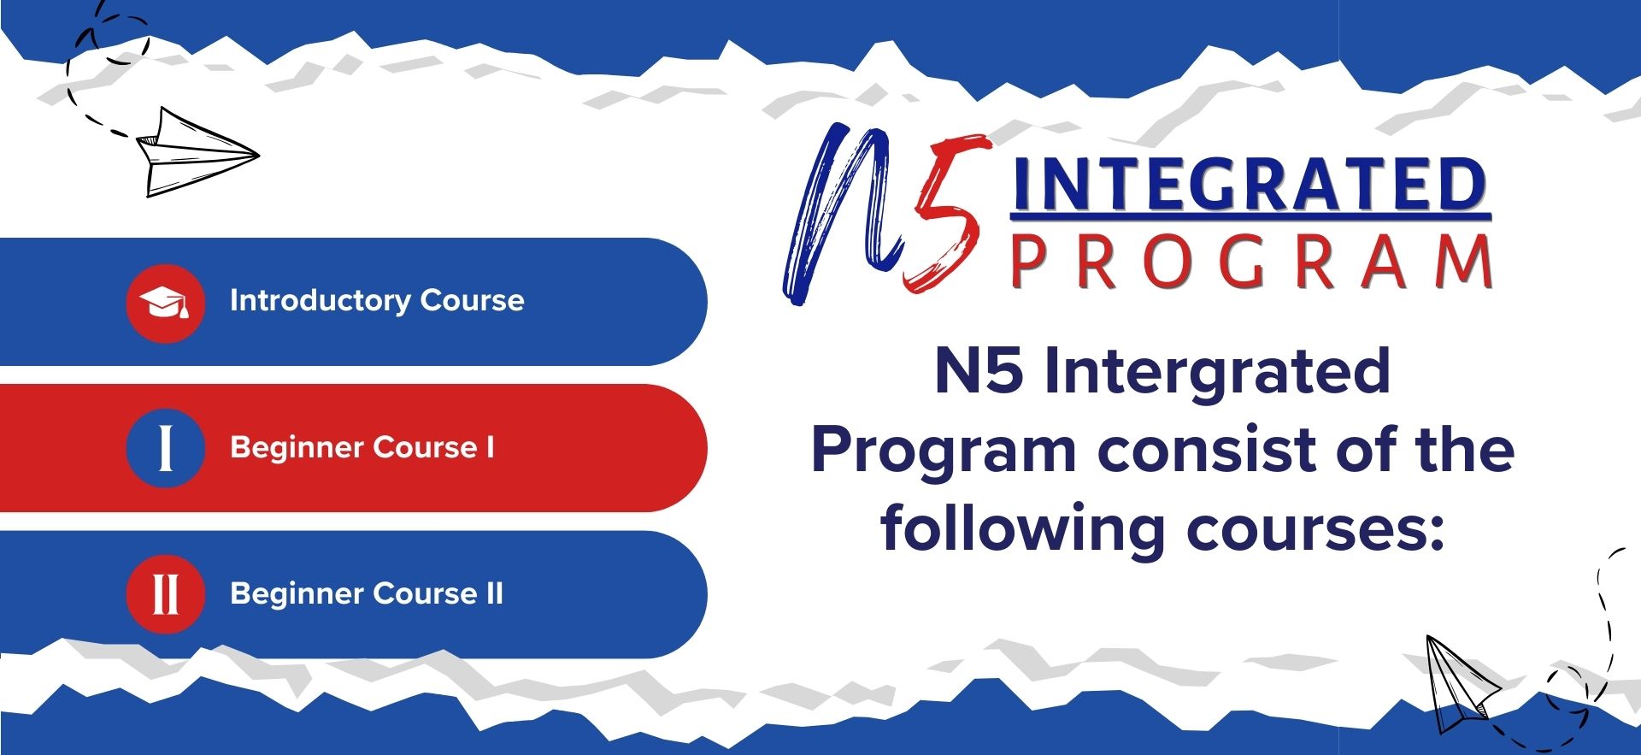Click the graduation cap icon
[x=165, y=303]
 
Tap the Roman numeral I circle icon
[x=165, y=448]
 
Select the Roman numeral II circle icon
[x=165, y=593]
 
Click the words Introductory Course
[x=377, y=301]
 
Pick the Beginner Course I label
[x=362, y=447]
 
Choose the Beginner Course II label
[x=367, y=593]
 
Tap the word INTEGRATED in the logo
[x=1250, y=185]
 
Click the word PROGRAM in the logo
[x=1252, y=261]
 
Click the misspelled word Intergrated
[x=1217, y=372]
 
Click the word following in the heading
[x=1023, y=530]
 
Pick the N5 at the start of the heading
[x=979, y=371]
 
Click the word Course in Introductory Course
[x=472, y=301]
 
